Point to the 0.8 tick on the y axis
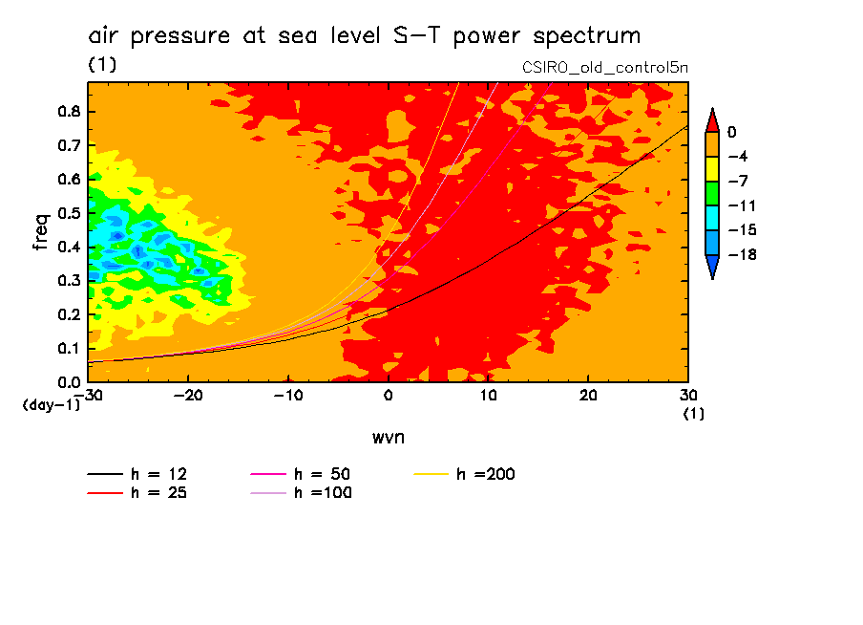point(70,111)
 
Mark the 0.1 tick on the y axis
point(70,348)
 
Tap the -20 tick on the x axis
point(188,396)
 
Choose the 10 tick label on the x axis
point(488,396)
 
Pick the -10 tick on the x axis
point(287,396)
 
